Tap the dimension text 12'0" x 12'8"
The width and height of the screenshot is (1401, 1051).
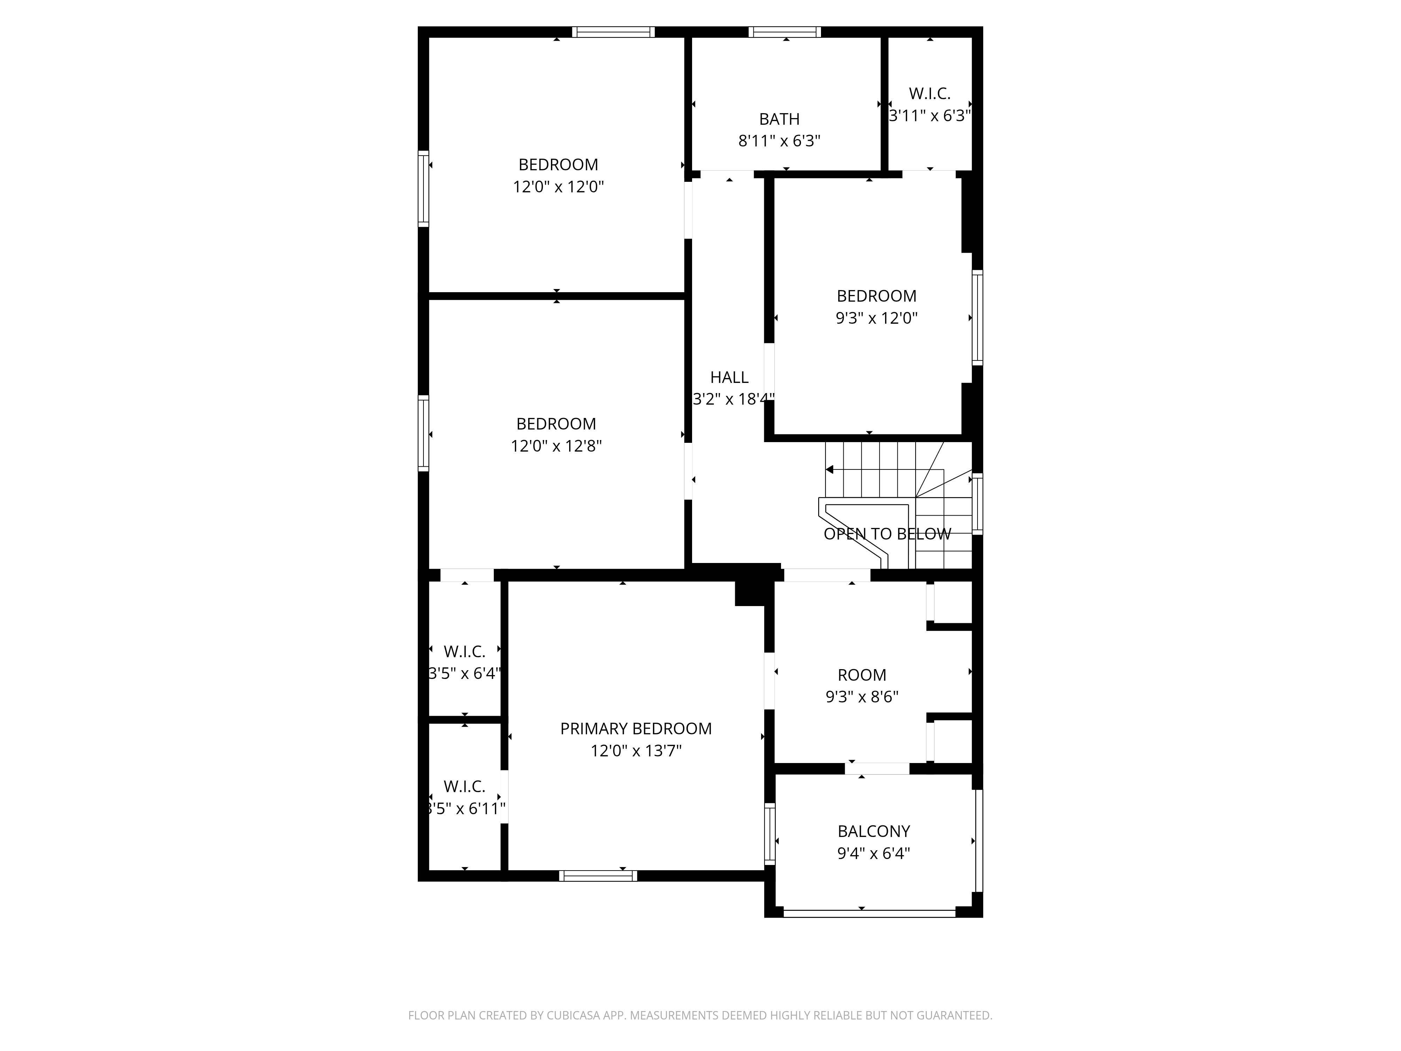click(556, 446)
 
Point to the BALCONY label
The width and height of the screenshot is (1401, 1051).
click(874, 831)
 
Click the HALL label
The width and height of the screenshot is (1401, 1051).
click(729, 378)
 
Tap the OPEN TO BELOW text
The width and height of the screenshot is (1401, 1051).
click(887, 534)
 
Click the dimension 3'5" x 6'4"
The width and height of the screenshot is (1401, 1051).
click(465, 673)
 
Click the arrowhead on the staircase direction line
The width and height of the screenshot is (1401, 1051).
click(829, 469)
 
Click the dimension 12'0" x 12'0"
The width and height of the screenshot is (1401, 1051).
click(558, 187)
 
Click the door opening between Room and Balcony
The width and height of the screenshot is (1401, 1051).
click(877, 768)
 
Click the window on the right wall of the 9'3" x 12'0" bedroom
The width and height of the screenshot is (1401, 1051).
click(977, 317)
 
